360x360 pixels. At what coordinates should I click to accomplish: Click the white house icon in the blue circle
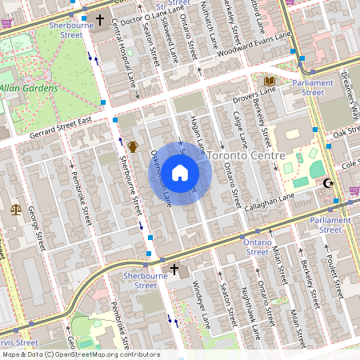pyautogui.click(x=180, y=173)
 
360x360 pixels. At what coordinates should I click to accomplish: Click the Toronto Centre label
pyautogui.click(x=241, y=154)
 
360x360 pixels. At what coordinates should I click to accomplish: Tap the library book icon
pyautogui.click(x=269, y=82)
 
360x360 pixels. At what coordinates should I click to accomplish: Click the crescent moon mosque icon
pyautogui.click(x=326, y=184)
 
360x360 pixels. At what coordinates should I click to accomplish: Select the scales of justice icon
pyautogui.click(x=16, y=210)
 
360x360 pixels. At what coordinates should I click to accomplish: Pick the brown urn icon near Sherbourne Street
pyautogui.click(x=132, y=147)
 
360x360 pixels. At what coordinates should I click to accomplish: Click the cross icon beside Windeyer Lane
pyautogui.click(x=173, y=270)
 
